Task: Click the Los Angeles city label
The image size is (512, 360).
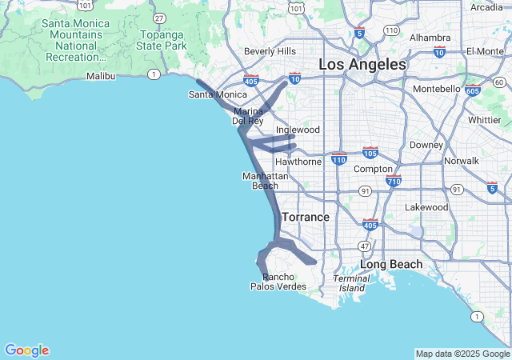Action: click(362, 64)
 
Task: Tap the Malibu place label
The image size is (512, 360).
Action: click(101, 76)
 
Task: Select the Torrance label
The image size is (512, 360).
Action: click(305, 217)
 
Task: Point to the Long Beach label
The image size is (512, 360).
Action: click(391, 264)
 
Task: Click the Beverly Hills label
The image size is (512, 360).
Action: click(270, 51)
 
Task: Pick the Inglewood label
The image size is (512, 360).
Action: click(298, 130)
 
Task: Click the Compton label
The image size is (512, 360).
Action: click(373, 170)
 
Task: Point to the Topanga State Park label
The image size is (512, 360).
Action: click(162, 40)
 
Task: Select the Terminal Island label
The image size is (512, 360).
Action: click(351, 283)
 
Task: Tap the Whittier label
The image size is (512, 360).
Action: click(484, 120)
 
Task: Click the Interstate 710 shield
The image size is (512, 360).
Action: click(393, 182)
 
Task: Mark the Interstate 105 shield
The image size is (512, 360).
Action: click(370, 152)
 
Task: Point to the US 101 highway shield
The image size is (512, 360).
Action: click(297, 7)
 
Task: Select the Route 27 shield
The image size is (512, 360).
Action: click(160, 18)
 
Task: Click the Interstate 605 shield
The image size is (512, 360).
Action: click(473, 90)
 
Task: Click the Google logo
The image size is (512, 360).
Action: click(26, 350)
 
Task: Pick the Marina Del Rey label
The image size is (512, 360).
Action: click(248, 116)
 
